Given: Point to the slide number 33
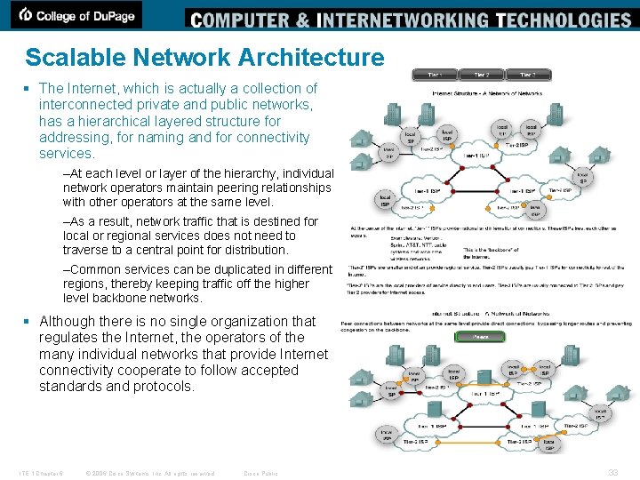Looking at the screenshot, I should click(612, 472).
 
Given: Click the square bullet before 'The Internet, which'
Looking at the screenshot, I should click(29, 88).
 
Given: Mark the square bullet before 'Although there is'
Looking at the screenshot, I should click(29, 321).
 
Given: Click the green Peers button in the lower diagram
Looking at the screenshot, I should click(481, 339).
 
